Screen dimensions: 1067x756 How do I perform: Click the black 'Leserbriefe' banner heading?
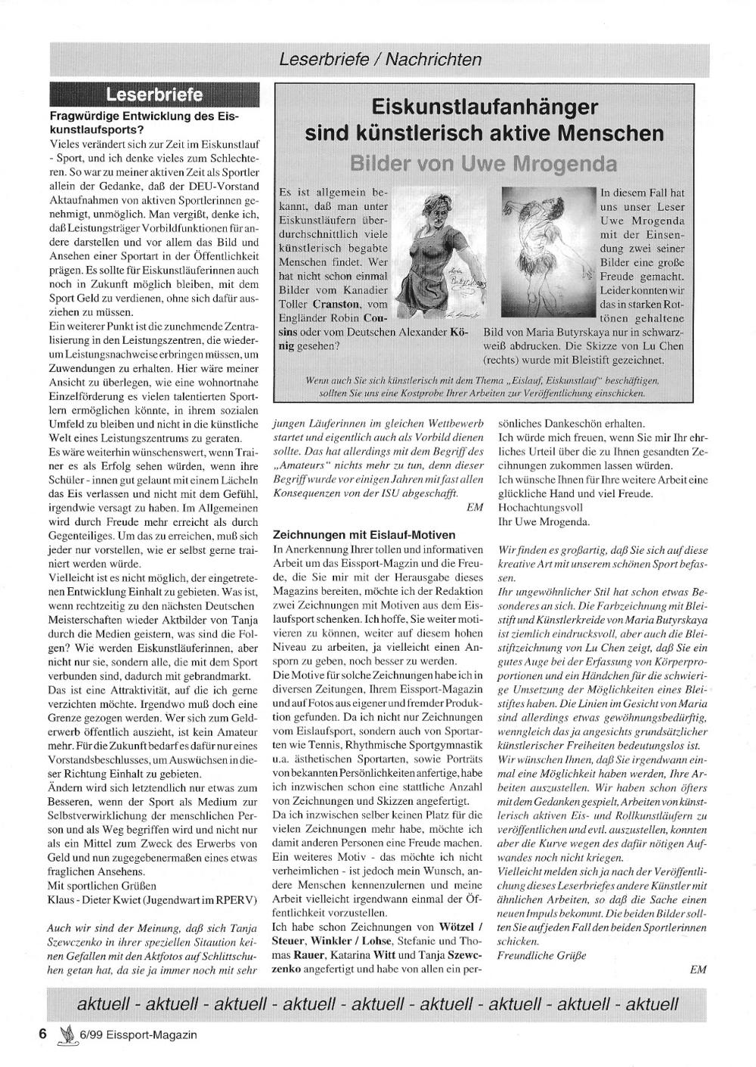click(154, 94)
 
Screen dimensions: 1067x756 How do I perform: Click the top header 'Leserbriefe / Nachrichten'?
click(380, 58)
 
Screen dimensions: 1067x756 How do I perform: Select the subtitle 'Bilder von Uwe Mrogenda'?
click(483, 163)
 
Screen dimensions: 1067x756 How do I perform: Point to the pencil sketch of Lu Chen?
click(549, 249)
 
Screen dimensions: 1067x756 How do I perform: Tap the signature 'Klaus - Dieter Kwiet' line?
click(152, 899)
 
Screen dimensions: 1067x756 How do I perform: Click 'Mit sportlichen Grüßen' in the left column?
click(102, 886)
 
